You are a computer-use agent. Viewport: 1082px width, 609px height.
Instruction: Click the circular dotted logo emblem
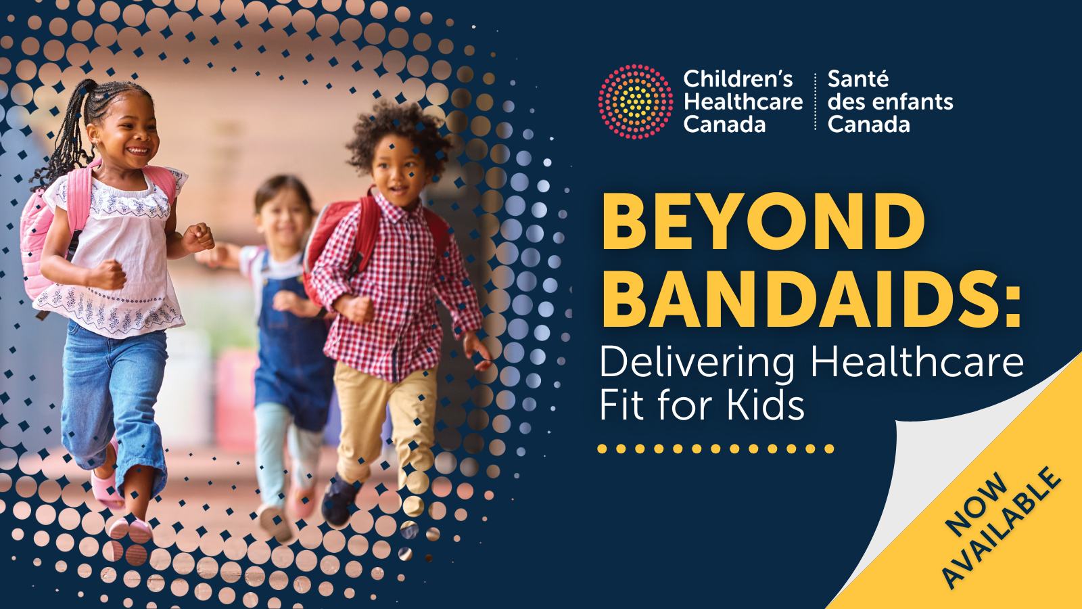coord(635,101)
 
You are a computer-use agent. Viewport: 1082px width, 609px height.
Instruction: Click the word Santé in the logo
coord(858,78)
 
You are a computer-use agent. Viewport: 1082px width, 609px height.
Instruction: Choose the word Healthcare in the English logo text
coord(743,101)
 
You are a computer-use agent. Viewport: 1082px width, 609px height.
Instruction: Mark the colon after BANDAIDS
coord(1013,307)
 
